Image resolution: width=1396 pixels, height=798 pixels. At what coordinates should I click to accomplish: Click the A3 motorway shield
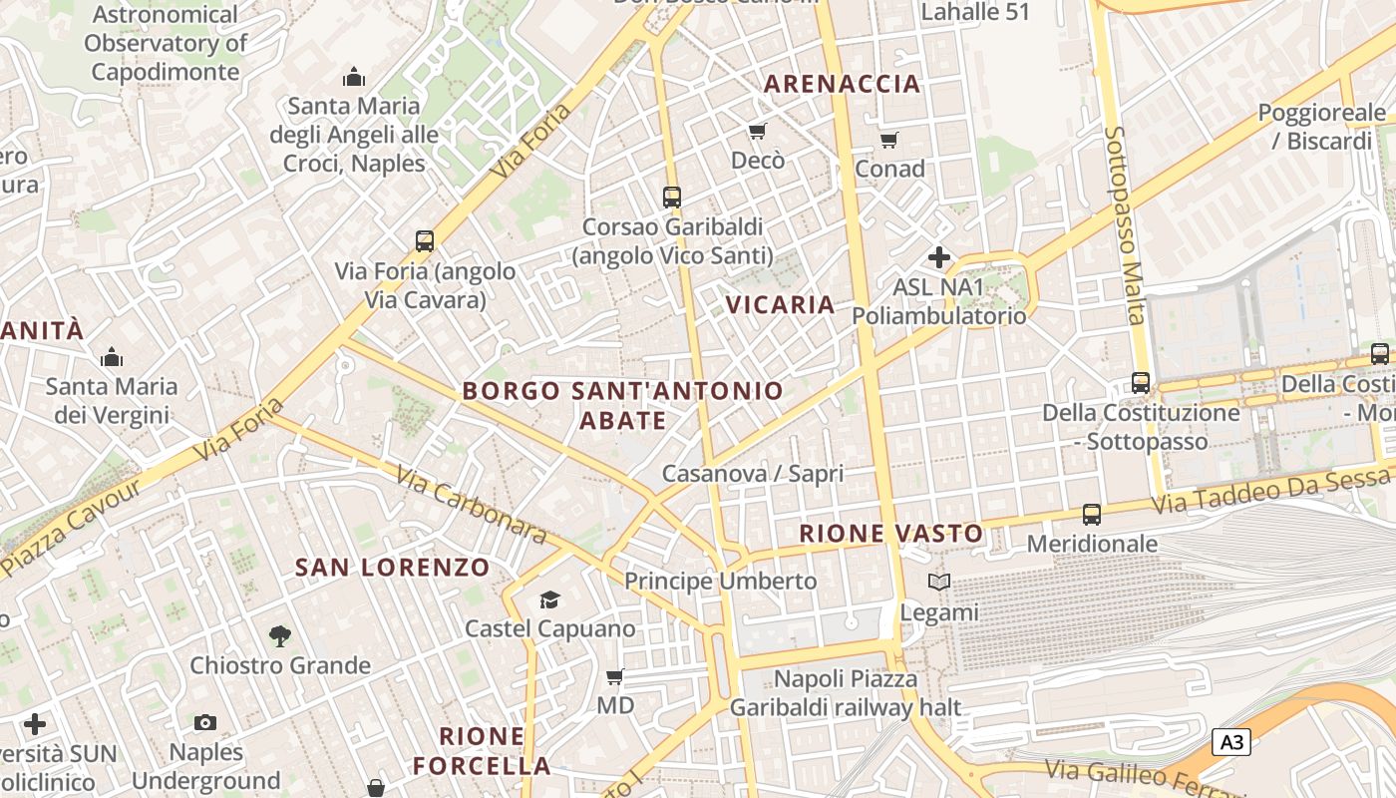click(x=1231, y=742)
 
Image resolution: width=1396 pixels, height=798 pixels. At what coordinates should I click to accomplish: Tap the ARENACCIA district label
click(x=843, y=84)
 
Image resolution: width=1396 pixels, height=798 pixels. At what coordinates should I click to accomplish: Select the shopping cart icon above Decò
click(x=758, y=132)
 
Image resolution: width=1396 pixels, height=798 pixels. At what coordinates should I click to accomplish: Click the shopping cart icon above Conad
click(x=888, y=141)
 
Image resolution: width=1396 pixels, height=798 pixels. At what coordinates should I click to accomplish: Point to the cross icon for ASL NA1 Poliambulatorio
click(x=938, y=257)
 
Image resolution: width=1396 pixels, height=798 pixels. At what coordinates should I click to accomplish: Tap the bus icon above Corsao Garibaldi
click(x=672, y=198)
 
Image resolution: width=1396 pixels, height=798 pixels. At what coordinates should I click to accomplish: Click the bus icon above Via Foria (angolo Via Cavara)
click(x=425, y=241)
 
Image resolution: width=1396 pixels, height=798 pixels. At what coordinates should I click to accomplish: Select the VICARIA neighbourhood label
click(x=780, y=304)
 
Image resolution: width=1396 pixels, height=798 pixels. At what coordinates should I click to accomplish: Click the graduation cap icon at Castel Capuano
click(x=549, y=599)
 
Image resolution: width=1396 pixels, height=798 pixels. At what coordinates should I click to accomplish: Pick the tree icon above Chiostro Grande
click(x=280, y=635)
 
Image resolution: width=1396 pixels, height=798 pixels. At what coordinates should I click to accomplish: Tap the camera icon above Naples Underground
click(x=205, y=722)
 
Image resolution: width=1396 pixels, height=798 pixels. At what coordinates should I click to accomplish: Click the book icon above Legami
click(x=938, y=582)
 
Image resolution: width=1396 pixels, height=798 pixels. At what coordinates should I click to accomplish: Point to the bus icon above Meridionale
click(x=1092, y=515)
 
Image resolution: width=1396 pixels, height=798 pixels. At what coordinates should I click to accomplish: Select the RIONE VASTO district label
click(x=891, y=534)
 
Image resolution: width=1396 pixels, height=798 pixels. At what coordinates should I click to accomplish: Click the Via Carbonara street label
click(x=471, y=505)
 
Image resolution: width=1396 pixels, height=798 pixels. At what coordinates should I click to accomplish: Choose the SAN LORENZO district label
click(x=393, y=568)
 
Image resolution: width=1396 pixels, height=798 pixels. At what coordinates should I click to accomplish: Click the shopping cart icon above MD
click(x=615, y=676)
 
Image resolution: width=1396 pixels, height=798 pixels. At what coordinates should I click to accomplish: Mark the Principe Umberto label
click(x=720, y=581)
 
